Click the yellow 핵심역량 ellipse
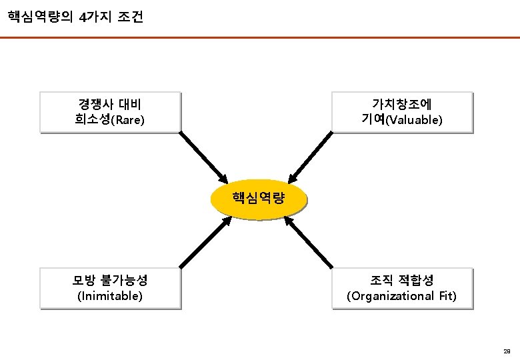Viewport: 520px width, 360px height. (259, 199)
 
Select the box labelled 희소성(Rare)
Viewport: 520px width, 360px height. (110, 112)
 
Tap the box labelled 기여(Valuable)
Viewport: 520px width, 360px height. (402, 112)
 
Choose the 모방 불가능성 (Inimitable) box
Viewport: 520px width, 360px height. (110, 288)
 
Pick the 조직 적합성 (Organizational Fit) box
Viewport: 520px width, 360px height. (402, 288)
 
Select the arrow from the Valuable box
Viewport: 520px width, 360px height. (313, 156)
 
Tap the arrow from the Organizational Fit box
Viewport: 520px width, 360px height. (313, 243)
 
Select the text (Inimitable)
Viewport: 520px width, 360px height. (110, 295)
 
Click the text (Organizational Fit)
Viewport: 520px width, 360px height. (402, 295)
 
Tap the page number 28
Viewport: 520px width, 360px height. (507, 351)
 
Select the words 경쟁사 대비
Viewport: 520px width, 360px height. (110, 104)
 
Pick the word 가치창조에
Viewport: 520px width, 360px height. (402, 104)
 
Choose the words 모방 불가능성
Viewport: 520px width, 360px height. (110, 280)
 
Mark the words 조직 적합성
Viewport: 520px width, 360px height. (402, 280)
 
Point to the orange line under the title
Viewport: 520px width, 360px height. (260, 38)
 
